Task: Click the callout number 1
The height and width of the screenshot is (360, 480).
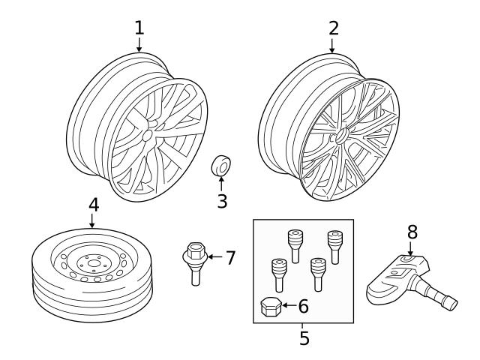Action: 139,28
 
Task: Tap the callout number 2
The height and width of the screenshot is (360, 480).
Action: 334,28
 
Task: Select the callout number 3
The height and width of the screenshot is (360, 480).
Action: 222,201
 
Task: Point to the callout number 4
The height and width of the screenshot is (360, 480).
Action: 94,205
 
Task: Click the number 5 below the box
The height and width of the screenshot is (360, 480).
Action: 304,338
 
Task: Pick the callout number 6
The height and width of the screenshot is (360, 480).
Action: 303,306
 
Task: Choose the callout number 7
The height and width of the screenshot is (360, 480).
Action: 230,257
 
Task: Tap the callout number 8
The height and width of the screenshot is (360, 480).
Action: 412,232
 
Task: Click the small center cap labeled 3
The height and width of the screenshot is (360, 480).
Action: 220,166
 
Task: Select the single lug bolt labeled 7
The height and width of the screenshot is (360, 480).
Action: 195,263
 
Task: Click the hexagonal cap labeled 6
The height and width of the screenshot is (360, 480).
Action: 271,307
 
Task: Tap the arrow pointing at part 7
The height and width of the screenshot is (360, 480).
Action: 215,256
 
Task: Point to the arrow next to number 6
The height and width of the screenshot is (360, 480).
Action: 289,305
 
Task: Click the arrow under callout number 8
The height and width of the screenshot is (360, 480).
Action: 410,248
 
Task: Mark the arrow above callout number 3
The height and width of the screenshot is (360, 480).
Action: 221,183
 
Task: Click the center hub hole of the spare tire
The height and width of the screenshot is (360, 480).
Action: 92,263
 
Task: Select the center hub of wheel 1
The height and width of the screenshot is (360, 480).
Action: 147,135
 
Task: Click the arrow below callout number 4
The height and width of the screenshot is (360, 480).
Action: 91,220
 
